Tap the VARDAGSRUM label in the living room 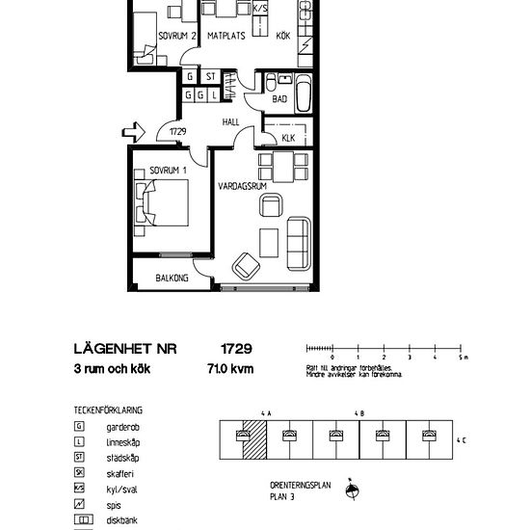coord(241,185)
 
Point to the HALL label coord(231,123)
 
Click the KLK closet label coord(288,138)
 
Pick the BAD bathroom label coord(279,99)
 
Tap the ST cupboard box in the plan coord(209,76)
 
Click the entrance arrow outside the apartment coord(137,130)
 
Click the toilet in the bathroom coord(272,81)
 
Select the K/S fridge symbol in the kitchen coord(259,9)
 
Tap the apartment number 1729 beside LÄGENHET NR coord(235,349)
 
